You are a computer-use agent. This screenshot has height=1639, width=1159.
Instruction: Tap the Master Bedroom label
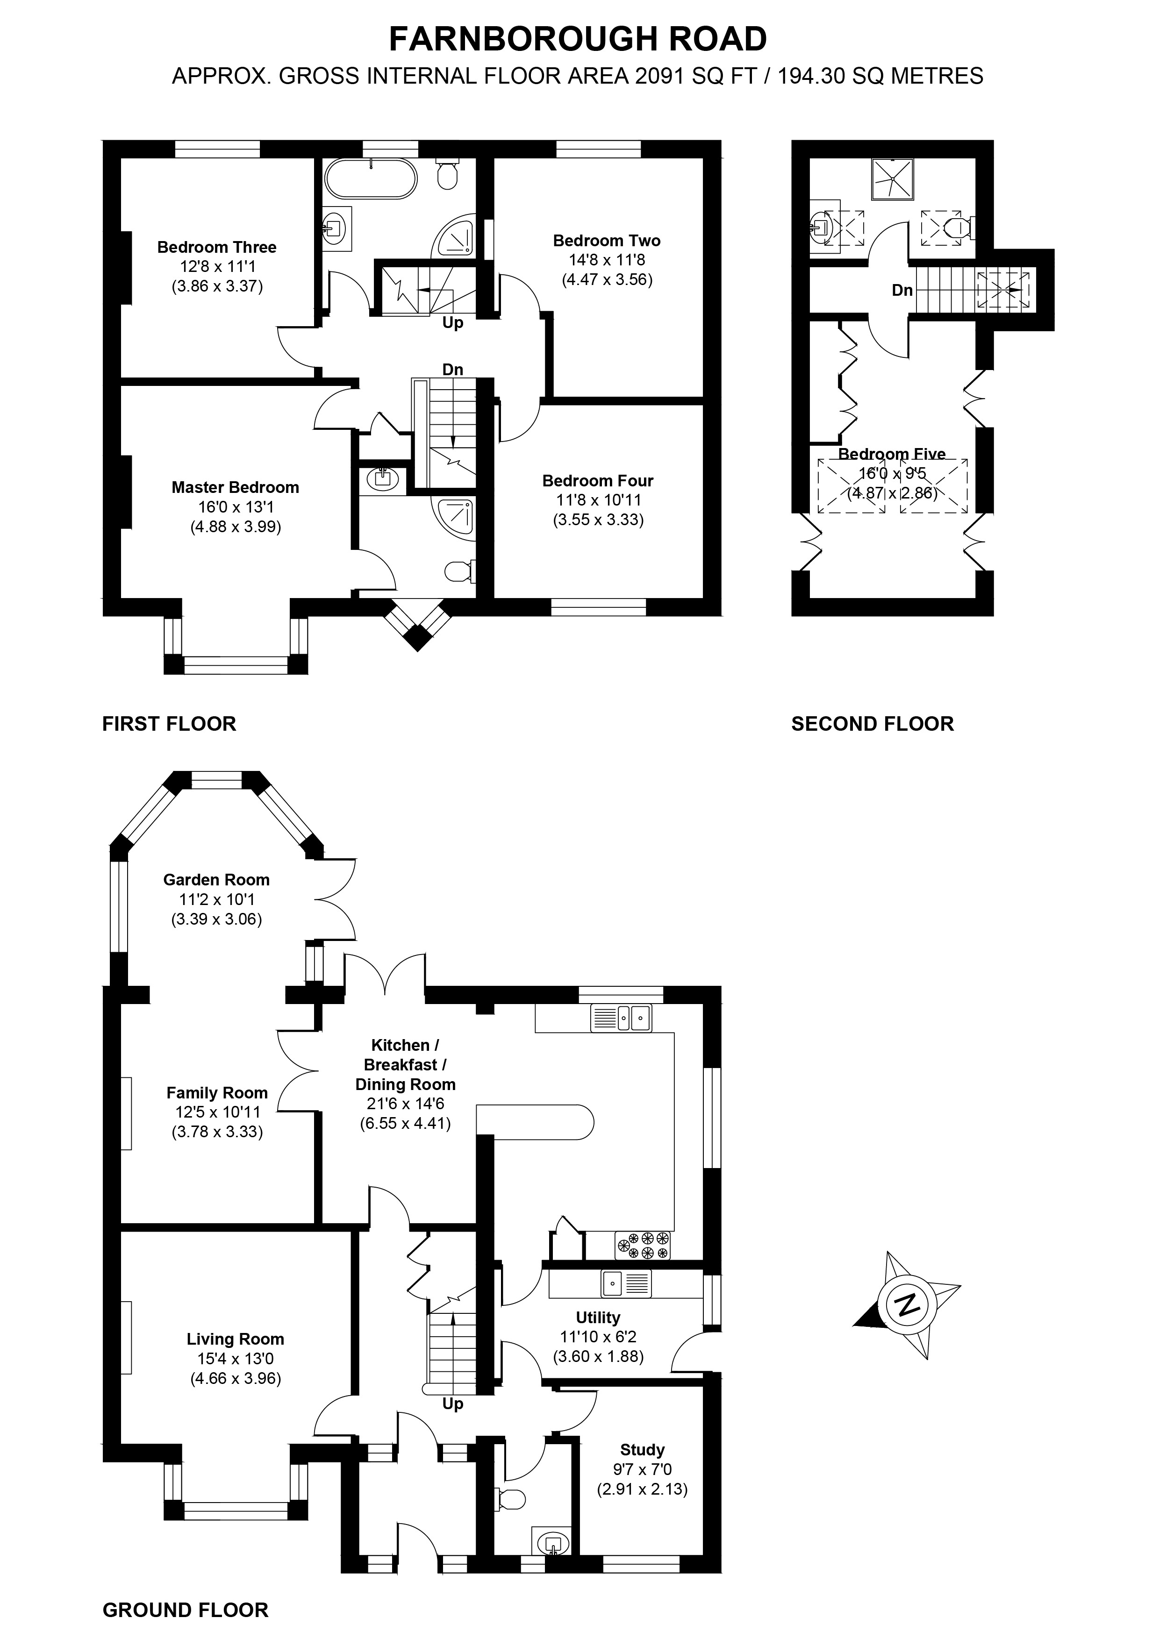[x=235, y=488]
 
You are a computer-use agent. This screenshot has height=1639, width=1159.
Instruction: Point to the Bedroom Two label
[x=606, y=241]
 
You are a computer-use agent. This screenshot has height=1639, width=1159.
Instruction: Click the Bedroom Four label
[x=598, y=480]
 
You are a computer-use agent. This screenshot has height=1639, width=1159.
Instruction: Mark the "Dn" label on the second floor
[x=902, y=291]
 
